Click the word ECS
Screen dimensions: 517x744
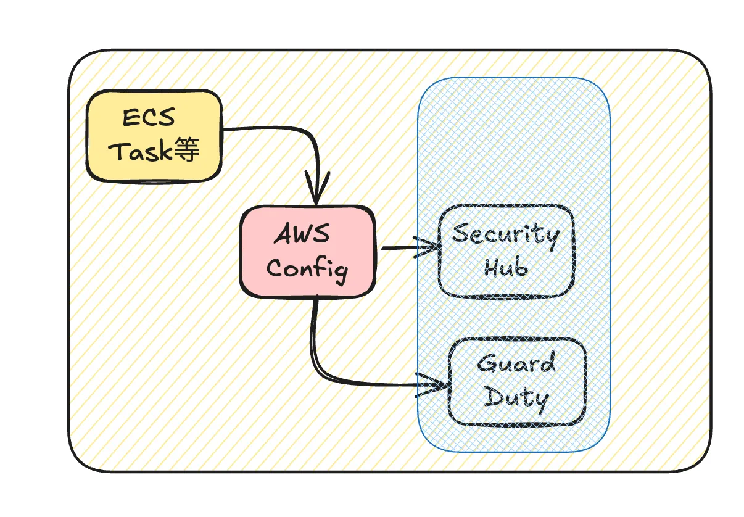pos(149,117)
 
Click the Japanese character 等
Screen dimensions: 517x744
pos(187,150)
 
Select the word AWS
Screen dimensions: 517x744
pos(302,235)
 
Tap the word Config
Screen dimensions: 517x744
pos(307,269)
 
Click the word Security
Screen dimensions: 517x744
pos(505,235)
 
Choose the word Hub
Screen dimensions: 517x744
pos(505,268)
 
